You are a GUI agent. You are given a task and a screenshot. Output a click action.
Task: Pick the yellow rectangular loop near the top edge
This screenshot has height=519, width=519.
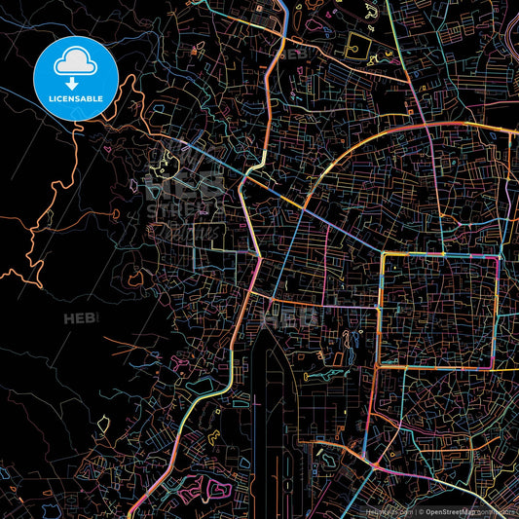click(358, 44)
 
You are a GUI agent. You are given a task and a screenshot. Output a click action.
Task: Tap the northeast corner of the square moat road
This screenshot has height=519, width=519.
click(498, 258)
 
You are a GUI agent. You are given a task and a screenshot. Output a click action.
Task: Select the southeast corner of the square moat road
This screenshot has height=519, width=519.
click(495, 369)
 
